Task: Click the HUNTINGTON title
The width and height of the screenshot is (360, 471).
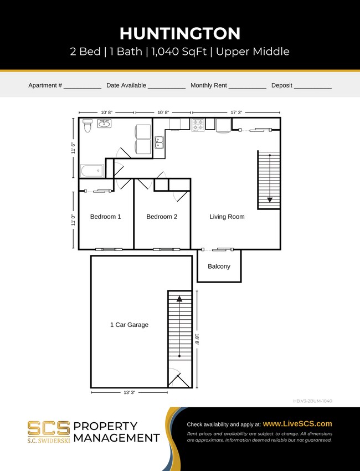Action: coord(180,33)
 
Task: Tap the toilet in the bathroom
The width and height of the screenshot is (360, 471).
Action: coord(87,126)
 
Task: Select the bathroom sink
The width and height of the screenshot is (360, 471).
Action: coord(104,123)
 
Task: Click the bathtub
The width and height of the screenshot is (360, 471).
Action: coord(91,171)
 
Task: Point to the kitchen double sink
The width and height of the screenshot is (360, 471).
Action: coord(159,143)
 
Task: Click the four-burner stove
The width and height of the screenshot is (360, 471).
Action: coord(198,125)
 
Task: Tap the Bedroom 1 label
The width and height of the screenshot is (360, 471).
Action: coord(105,217)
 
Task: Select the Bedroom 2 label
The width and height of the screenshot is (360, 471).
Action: coord(162,217)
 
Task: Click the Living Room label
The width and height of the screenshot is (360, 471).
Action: coord(227,217)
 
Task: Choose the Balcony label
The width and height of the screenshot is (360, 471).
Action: coord(219,267)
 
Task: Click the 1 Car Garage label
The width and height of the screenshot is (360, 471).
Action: coord(129,325)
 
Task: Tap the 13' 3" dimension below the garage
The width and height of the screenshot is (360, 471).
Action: coord(128,392)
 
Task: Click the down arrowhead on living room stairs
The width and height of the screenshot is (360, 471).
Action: coord(269,199)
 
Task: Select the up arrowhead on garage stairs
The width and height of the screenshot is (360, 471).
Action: coord(179,299)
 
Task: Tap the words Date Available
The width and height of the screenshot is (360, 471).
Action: coord(126,85)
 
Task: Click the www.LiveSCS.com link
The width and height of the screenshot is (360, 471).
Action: coord(297,424)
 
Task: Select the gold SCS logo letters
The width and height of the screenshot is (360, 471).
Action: coord(49,428)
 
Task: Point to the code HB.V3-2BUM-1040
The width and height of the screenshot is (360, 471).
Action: coord(312,401)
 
